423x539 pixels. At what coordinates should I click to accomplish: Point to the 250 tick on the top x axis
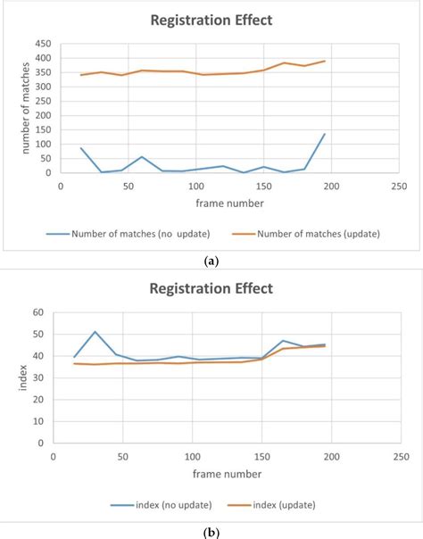398,186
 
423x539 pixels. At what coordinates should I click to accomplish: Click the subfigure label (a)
211,260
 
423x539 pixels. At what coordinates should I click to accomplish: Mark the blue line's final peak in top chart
324,134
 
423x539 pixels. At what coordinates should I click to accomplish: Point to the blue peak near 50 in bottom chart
95,332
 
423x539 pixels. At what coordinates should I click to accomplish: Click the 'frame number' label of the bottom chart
226,474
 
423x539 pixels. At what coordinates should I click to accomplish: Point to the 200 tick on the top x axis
330,186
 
